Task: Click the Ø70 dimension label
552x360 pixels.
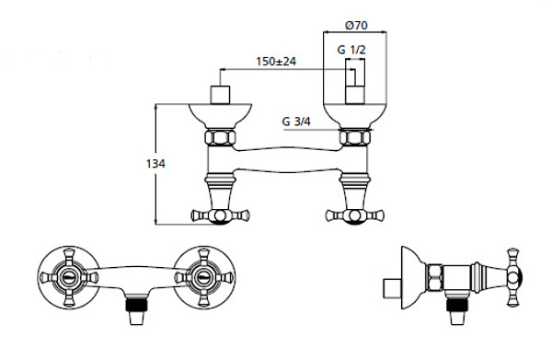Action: (x=356, y=26)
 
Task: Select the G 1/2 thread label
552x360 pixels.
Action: (x=351, y=50)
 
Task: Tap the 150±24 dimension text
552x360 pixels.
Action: (x=276, y=62)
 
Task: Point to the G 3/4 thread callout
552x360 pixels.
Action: (x=296, y=122)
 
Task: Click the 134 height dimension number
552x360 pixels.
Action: (x=155, y=164)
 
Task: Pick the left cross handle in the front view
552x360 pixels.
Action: (x=221, y=215)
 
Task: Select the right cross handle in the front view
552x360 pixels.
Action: (x=355, y=215)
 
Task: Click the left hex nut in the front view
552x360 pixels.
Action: (x=221, y=137)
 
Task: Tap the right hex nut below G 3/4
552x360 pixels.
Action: (x=355, y=137)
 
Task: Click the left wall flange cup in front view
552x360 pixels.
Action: (x=221, y=116)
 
